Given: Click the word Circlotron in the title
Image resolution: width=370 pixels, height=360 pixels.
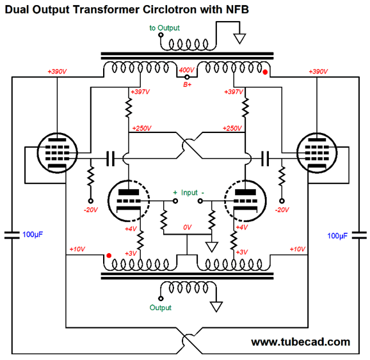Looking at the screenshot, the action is click(x=170, y=10).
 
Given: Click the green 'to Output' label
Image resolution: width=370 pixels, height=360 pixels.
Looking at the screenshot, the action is click(x=165, y=28).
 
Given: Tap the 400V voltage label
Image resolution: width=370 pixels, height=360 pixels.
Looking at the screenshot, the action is click(x=186, y=70).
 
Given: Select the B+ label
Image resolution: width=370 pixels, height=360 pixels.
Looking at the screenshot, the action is click(x=188, y=84).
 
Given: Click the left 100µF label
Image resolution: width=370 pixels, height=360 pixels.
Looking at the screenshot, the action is click(x=33, y=235).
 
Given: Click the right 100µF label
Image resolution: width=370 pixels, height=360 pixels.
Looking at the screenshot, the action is click(x=337, y=236).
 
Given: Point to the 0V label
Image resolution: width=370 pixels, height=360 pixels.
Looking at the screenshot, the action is click(x=188, y=227).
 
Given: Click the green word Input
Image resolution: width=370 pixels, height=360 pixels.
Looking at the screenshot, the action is click(x=189, y=192).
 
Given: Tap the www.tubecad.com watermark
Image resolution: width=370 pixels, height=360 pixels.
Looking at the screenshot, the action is click(x=300, y=342).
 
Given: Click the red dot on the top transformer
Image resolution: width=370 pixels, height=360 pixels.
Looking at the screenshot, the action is click(x=265, y=72).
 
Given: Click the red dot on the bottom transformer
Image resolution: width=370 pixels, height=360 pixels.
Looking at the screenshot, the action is click(x=109, y=256).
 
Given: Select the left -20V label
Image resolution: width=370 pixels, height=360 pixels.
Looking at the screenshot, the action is click(x=91, y=210).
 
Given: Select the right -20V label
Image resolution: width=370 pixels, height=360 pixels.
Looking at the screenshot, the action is click(x=282, y=210).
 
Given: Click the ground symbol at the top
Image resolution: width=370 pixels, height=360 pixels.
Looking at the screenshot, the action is click(x=240, y=38).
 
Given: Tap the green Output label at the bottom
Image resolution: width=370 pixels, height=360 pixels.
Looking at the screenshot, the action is click(x=161, y=308).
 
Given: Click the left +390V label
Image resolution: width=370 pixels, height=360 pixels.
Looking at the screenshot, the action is click(x=58, y=72).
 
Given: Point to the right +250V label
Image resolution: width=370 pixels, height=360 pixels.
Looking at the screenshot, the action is click(x=232, y=129).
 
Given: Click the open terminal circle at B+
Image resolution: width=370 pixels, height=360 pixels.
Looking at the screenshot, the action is click(x=187, y=77).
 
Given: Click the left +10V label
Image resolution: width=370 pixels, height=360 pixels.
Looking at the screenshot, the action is click(x=77, y=249).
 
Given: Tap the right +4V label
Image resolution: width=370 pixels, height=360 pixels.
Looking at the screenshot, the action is click(x=242, y=227).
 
